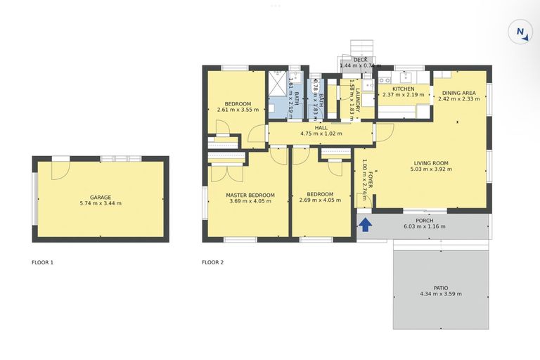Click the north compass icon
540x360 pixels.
[x=520, y=32]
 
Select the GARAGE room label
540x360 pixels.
[x=101, y=198]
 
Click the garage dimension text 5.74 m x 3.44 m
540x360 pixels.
[x=101, y=204]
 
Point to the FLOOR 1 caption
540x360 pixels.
[x=42, y=263]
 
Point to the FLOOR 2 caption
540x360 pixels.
[x=212, y=263]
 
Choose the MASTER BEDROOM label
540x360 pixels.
[x=250, y=194]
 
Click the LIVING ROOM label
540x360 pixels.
[x=430, y=163]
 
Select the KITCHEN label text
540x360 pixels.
[x=404, y=89]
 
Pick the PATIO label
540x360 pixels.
[x=440, y=288]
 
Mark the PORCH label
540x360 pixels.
[x=424, y=221]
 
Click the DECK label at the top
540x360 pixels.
[x=360, y=60]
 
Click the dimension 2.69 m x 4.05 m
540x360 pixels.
[x=320, y=200]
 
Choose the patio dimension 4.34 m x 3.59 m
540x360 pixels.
[x=440, y=294]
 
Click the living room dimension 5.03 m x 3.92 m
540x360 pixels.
[x=430, y=169]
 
